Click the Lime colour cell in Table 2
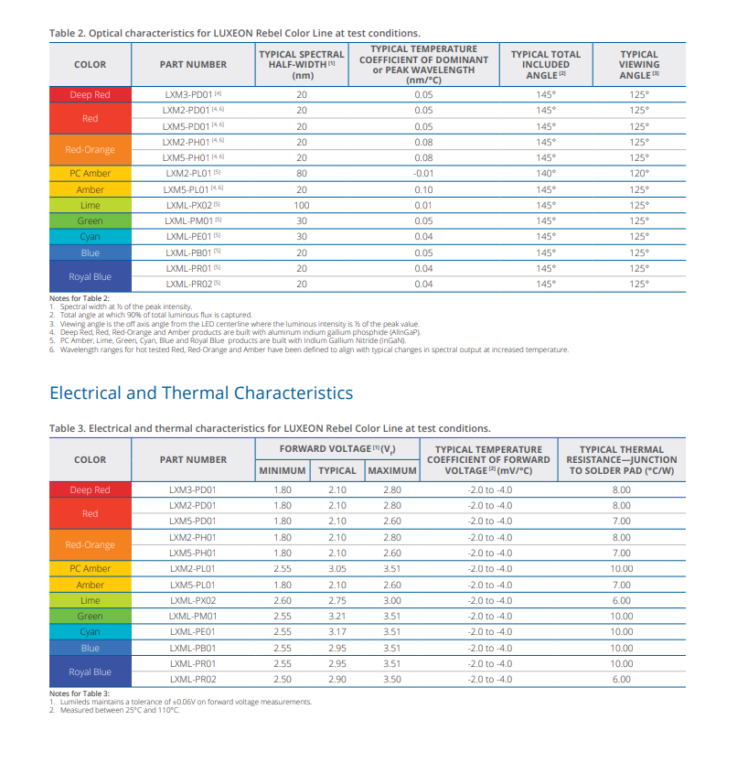(90, 205)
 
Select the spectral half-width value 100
(302, 205)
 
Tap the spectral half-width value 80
(302, 173)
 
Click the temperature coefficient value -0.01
(423, 173)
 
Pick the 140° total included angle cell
(546, 173)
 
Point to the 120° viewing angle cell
(639, 173)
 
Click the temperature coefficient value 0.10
(423, 189)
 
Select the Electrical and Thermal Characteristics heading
(201, 392)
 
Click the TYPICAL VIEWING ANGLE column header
(639, 65)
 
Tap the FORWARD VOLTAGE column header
(337, 449)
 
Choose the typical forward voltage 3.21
(337, 616)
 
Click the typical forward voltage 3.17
(337, 631)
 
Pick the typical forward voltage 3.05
(337, 568)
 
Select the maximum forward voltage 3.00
(392, 600)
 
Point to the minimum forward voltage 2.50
(283, 680)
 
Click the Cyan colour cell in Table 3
(90, 631)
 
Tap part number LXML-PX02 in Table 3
(193, 600)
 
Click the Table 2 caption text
(234, 33)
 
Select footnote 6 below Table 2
(309, 349)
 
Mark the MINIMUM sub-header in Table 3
(283, 470)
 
